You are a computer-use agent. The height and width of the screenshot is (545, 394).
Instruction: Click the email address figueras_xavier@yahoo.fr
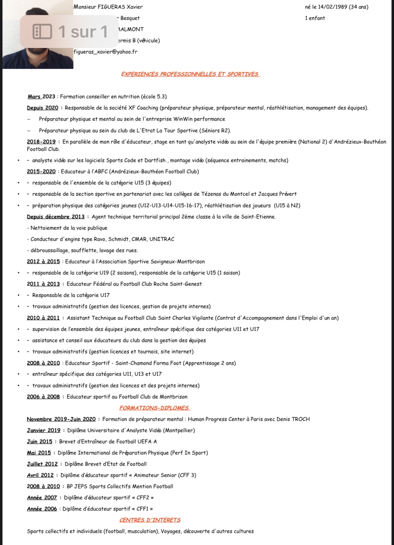click(x=105, y=52)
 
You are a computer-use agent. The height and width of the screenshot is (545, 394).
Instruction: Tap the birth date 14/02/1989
click(x=333, y=7)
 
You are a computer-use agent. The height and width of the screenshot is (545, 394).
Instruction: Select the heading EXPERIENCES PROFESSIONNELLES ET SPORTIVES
click(x=190, y=74)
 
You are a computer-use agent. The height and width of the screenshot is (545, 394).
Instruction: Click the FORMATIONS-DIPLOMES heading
click(x=154, y=408)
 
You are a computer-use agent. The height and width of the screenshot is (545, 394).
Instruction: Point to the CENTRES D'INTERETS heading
click(x=150, y=520)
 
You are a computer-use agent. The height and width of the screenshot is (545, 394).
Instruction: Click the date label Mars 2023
click(x=41, y=96)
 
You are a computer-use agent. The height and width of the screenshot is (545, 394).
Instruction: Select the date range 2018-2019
click(x=41, y=142)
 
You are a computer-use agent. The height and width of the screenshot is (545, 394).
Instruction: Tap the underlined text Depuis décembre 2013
click(x=56, y=216)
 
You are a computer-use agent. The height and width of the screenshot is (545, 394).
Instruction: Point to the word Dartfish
click(x=155, y=160)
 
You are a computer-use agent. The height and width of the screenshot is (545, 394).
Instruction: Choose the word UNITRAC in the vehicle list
click(x=162, y=239)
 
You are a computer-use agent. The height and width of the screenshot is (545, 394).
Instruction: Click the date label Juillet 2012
click(x=42, y=464)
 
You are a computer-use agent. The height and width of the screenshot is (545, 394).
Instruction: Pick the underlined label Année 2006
click(x=42, y=509)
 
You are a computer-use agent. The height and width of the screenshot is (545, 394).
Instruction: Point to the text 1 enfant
click(x=315, y=18)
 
